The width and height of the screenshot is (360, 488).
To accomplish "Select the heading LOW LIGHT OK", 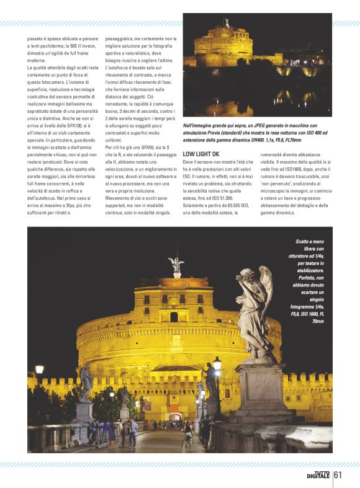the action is [x=200, y=153].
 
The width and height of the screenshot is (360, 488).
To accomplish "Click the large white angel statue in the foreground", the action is [x=254, y=310].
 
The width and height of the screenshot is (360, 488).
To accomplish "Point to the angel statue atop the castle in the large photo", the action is [x=176, y=265].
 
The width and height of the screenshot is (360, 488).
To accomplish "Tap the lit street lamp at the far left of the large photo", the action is [x=40, y=370].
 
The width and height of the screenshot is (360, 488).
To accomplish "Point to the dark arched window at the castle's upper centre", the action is [x=174, y=317].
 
